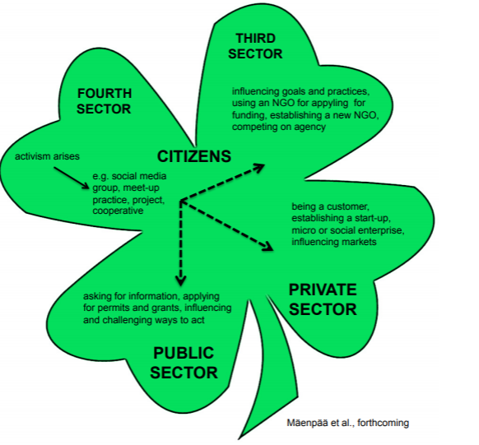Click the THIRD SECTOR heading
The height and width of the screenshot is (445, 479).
tap(255, 46)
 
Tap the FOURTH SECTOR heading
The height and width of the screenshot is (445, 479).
tap(104, 101)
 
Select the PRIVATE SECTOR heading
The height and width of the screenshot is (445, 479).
tap(323, 299)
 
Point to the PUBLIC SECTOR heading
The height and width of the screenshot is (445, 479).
tap(184, 363)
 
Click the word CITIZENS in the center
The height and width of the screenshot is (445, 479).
tap(194, 156)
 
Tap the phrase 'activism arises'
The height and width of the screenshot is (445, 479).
tap(47, 156)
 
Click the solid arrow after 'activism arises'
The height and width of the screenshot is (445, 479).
tap(72, 178)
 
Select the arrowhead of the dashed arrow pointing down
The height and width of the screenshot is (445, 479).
tap(181, 280)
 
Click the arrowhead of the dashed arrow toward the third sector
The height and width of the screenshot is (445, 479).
tap(259, 167)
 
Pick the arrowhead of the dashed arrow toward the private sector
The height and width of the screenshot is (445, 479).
tap(268, 247)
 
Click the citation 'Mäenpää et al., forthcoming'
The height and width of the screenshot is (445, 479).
tap(347, 423)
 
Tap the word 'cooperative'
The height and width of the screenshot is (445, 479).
tap(118, 211)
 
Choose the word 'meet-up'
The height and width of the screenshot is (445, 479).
tap(141, 188)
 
